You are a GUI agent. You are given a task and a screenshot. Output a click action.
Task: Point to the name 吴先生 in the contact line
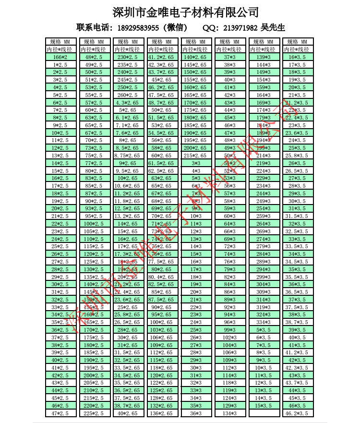click(274, 28)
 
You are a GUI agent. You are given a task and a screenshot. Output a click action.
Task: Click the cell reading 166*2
click(60, 57)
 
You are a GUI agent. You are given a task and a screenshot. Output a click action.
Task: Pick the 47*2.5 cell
click(60, 413)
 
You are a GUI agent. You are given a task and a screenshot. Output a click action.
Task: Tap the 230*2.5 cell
click(128, 57)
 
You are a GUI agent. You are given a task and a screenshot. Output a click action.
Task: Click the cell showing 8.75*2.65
click(128, 156)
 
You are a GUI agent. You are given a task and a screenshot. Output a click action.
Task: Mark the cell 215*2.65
click(195, 156)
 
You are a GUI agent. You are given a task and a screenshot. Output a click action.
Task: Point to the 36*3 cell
click(195, 413)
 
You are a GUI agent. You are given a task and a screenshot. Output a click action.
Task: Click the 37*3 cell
click(229, 57)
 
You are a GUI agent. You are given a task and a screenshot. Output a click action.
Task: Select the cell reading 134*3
click(229, 413)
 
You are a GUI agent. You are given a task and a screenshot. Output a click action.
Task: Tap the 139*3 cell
click(263, 57)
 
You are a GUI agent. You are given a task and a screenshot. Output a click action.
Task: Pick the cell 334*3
click(263, 322)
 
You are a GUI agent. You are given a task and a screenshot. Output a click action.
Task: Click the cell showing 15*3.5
click(263, 406)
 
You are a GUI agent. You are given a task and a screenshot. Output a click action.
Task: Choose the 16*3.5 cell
click(297, 57)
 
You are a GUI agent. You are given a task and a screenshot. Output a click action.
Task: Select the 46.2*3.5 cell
click(297, 413)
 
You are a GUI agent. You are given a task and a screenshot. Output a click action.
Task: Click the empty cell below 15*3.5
click(263, 413)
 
